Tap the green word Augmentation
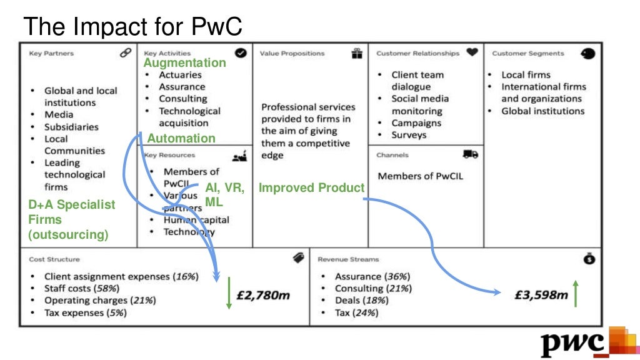[184, 63]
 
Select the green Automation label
[181, 139]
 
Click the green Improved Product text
[311, 187]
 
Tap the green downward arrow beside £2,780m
[229, 292]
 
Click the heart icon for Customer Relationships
[472, 53]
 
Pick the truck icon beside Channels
[471, 154]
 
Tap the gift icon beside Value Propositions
[357, 53]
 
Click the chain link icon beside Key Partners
[126, 53]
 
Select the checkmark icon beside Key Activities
[241, 53]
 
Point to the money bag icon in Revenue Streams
[589, 259]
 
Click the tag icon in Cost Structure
[299, 257]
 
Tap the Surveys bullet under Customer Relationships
[409, 135]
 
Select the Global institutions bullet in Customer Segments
[542, 111]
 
